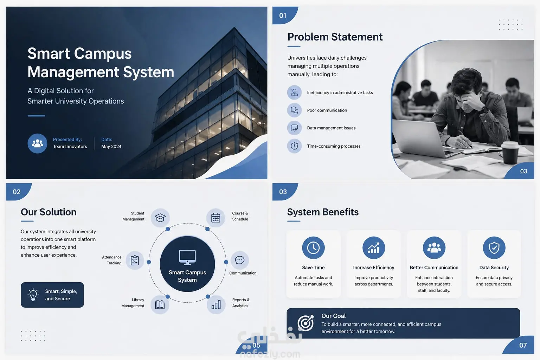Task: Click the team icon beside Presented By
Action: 37,143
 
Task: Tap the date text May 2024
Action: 111,147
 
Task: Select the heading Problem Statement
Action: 335,37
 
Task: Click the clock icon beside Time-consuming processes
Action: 294,146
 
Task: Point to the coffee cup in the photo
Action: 510,153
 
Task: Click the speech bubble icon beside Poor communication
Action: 294,110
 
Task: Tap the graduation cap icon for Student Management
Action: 160,218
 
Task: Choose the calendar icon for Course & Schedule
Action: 216,218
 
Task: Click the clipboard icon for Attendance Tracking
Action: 135,260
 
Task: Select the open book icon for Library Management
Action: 160,304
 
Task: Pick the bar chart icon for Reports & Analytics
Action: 216,304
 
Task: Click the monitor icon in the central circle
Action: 187,257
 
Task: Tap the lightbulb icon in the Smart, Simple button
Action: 33,295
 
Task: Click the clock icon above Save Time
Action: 313,247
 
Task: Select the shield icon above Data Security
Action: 494,247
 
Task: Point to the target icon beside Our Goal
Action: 306,323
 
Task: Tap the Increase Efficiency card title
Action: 374,268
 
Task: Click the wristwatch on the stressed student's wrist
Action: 484,110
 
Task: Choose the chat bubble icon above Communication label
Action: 240,260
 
